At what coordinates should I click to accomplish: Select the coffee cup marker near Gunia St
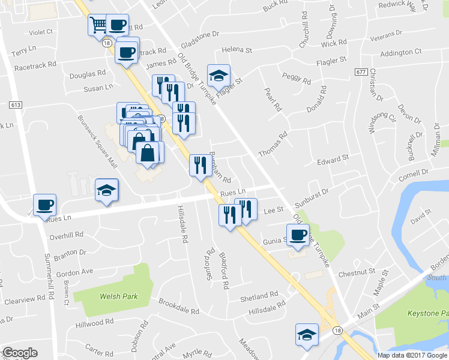pos(297,234)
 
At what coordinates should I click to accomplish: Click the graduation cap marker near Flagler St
pos(218,75)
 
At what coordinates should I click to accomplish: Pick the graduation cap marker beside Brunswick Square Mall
pos(107,190)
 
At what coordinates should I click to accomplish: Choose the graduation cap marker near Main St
pos(307,334)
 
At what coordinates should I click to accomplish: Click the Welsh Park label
pos(119,296)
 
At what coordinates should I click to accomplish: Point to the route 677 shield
pos(361,72)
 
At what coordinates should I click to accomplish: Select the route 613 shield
pos(16,105)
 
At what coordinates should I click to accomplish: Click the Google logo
pos(20,353)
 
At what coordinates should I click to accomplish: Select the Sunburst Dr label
pos(316,193)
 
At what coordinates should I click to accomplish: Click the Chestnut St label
pos(357,273)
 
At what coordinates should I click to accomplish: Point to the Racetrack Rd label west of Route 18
pos(35,63)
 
